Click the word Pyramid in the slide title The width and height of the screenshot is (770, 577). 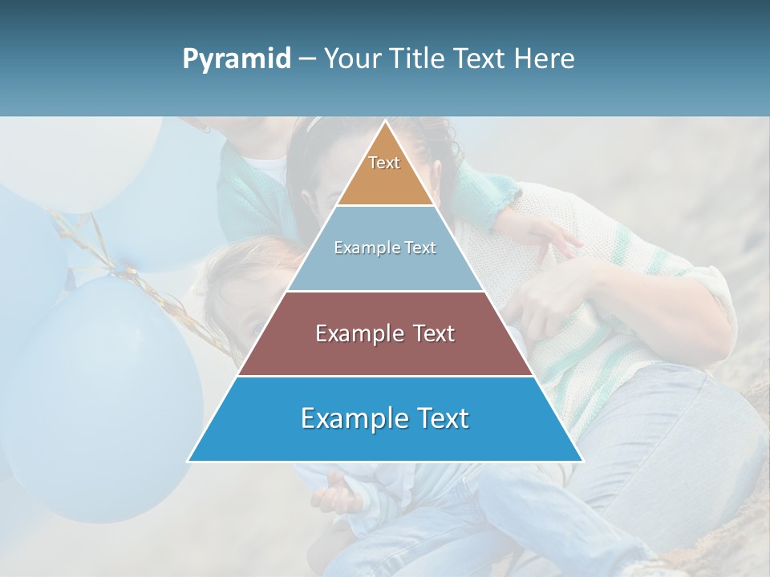click(x=237, y=59)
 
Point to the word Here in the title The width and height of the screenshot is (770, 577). click(x=545, y=59)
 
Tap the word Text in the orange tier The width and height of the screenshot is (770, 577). click(x=384, y=163)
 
